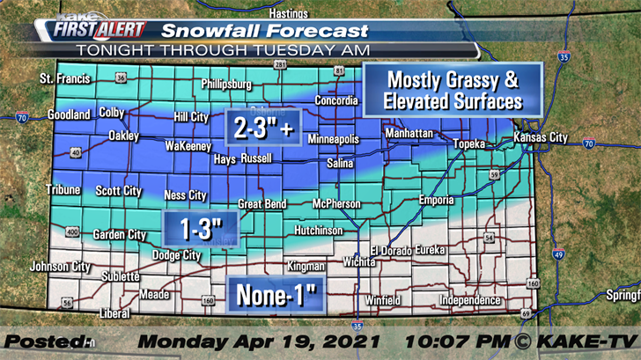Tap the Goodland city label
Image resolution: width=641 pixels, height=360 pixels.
coord(69,114)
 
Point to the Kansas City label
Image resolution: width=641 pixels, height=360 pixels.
coord(540,138)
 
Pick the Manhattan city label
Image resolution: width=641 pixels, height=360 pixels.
coord(409,133)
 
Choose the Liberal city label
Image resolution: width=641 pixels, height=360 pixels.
coord(115,312)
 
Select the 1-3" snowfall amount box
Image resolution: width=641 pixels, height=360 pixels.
coord(199,229)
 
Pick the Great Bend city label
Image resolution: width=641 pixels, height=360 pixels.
coord(262,204)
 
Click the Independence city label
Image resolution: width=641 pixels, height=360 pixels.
coord(469,300)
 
